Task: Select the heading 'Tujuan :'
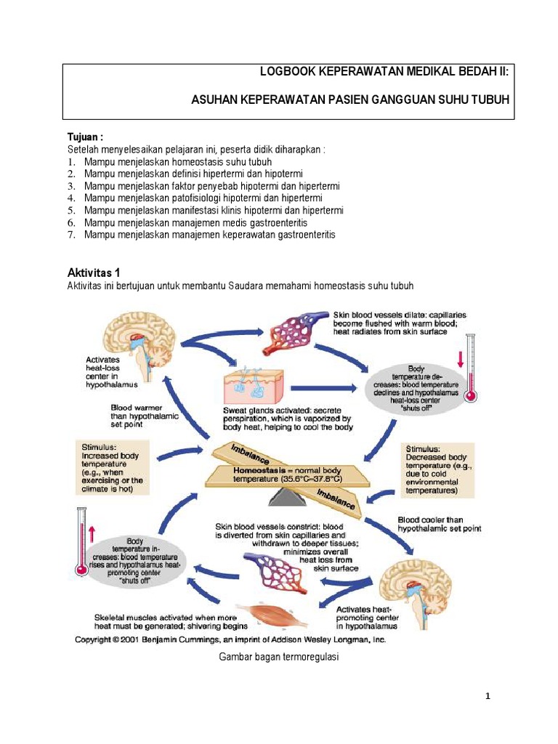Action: (x=86, y=137)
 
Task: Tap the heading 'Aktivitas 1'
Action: (x=94, y=272)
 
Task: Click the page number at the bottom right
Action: (x=488, y=696)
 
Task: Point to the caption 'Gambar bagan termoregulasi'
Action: (x=278, y=657)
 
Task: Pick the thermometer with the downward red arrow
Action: (x=471, y=368)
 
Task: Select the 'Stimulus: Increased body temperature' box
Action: (x=113, y=467)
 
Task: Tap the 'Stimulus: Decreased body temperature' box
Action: (x=437, y=470)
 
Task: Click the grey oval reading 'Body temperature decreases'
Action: (x=416, y=388)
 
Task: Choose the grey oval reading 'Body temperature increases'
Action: (x=134, y=560)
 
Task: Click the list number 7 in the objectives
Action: (x=72, y=235)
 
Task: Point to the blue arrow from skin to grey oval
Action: (x=324, y=388)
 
